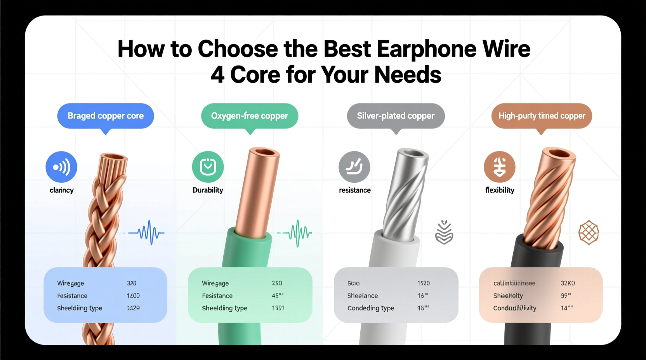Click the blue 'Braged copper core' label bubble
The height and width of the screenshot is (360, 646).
pos(106,116)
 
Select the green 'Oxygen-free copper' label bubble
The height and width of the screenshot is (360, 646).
pos(250,116)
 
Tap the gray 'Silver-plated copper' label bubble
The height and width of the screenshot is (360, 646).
pos(396,116)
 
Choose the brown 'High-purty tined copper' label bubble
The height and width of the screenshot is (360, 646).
pos(542,116)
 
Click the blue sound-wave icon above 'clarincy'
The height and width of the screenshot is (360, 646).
pos(61,167)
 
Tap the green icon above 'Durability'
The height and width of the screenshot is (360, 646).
pos(208,167)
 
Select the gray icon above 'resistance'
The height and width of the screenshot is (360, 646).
pos(354,167)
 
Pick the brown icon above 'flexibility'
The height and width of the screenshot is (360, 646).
pos(500,167)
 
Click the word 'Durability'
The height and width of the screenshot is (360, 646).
pos(208,190)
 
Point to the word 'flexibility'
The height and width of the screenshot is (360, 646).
pos(500,190)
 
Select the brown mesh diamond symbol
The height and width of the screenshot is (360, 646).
pos(589,232)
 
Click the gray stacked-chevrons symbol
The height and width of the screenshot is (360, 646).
pos(444,232)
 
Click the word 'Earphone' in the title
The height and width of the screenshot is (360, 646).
pos(426,49)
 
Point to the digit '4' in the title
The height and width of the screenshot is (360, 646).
pos(217,74)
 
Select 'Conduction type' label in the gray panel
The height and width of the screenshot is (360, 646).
pos(371,308)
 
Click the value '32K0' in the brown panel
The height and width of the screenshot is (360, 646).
pos(568,283)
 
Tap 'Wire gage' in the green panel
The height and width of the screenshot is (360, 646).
pos(215,283)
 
